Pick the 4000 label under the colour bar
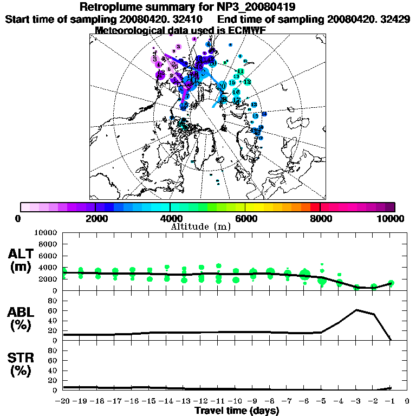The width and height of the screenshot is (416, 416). coord(170,218)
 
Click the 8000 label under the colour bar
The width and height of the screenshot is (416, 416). coord(321,218)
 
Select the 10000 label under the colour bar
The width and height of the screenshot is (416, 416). coord(392,218)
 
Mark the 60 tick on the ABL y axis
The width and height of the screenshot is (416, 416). coord(54,311)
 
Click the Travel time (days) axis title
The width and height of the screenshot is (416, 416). coord(237,411)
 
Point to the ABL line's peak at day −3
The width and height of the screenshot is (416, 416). coord(356,310)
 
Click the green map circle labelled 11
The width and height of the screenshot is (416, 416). coord(240,71)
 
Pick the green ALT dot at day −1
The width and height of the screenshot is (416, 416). coord(391,283)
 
